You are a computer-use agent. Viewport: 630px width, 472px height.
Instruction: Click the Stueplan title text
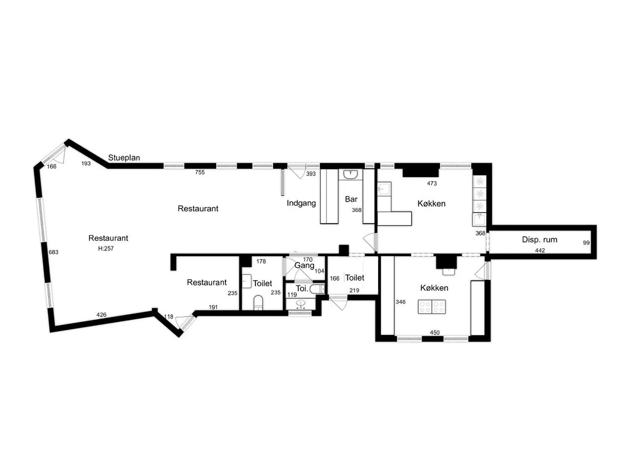click(x=124, y=158)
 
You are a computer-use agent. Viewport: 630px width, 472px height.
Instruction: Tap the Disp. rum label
click(x=539, y=239)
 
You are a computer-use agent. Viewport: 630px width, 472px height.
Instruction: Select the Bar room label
click(x=351, y=199)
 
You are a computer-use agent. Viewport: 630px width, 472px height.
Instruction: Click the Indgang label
click(x=301, y=203)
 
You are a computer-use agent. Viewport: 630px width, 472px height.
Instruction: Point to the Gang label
click(x=304, y=265)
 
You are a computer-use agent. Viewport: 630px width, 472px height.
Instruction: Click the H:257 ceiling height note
click(x=106, y=248)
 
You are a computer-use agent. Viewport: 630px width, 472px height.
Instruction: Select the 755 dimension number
click(x=200, y=172)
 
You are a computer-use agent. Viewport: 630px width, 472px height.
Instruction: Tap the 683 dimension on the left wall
click(x=53, y=252)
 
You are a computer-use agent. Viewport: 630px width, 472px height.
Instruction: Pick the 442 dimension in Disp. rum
click(x=540, y=250)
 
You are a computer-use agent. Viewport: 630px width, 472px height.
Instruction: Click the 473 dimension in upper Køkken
click(x=432, y=183)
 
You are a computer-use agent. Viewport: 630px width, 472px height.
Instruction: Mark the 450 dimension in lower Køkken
click(x=435, y=333)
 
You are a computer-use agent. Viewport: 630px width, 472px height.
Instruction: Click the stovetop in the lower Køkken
click(x=432, y=307)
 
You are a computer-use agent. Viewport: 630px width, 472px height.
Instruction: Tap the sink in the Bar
click(x=350, y=174)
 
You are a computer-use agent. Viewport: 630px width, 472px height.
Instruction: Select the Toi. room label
click(x=302, y=289)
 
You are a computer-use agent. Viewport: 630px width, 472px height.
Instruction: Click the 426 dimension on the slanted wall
click(x=101, y=315)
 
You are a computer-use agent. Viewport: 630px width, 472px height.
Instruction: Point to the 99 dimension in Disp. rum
click(x=586, y=243)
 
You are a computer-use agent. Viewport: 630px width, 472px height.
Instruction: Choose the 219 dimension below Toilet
click(x=354, y=290)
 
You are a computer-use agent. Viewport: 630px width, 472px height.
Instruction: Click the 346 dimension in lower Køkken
click(x=401, y=302)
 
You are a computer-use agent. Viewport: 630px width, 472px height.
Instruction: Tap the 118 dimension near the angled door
click(x=169, y=317)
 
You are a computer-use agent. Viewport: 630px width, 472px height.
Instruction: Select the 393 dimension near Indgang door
click(x=311, y=174)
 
